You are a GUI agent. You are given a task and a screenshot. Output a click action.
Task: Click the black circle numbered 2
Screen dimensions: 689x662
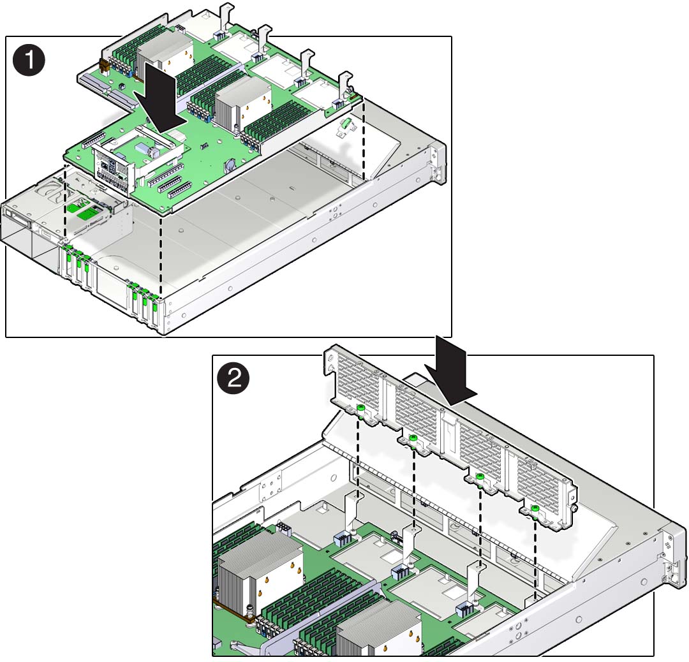[x=233, y=378]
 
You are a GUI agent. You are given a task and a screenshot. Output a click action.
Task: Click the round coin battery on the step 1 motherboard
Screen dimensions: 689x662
[x=230, y=165]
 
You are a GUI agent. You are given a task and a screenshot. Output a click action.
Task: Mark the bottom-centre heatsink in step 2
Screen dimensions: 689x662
[x=378, y=629]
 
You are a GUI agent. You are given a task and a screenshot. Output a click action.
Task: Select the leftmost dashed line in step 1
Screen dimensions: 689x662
[x=65, y=203]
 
